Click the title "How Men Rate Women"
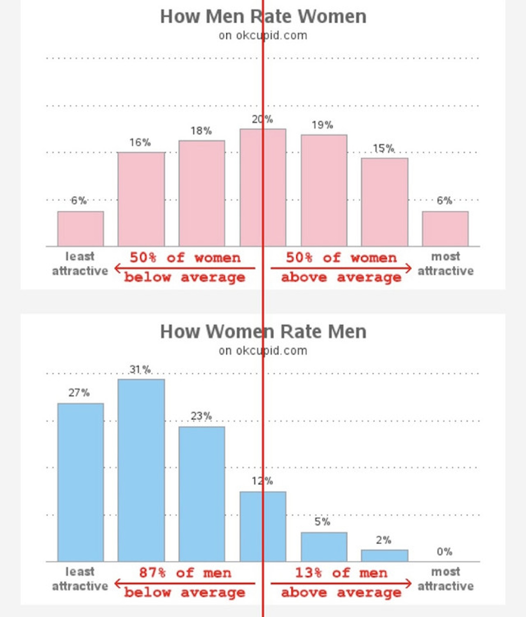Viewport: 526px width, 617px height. [x=263, y=17]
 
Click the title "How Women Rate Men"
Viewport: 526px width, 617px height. [x=263, y=331]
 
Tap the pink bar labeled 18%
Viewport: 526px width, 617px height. [x=202, y=193]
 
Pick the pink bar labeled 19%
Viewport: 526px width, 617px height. [x=324, y=190]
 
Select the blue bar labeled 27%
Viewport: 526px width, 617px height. [x=80, y=482]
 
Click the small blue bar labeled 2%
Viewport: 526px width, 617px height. [x=385, y=555]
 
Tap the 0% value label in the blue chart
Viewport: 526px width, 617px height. [x=444, y=552]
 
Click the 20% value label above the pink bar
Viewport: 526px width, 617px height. [x=262, y=119]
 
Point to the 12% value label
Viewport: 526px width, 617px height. [x=262, y=481]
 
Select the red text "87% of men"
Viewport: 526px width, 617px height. [x=185, y=573]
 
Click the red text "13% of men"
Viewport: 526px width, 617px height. [x=341, y=573]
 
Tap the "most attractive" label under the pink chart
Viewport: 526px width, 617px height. [x=446, y=264]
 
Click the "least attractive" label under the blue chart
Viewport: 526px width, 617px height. [x=80, y=579]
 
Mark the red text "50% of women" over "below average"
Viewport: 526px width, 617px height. [x=185, y=258]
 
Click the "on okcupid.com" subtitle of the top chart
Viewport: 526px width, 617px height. [x=263, y=36]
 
